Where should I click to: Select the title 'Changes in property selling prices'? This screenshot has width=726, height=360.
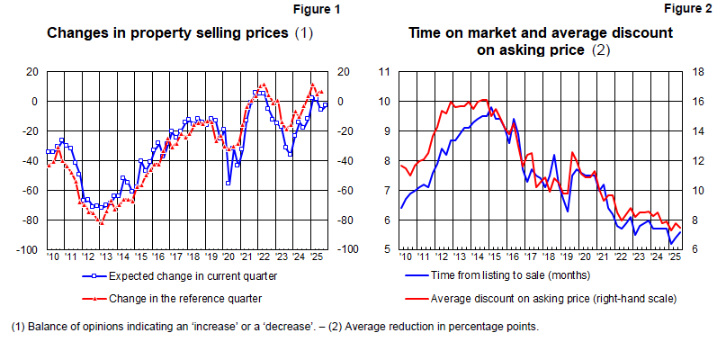pyautogui.click(x=168, y=33)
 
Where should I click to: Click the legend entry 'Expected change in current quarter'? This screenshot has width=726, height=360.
pyautogui.click(x=192, y=277)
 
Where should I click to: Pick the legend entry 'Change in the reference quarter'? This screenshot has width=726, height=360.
pyautogui.click(x=184, y=298)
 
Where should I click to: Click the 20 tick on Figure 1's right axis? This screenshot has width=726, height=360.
pyautogui.click(x=344, y=72)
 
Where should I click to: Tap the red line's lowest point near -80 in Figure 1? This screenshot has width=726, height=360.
pyautogui.click(x=101, y=222)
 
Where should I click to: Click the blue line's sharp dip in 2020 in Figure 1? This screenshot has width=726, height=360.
pyautogui.click(x=229, y=183)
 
